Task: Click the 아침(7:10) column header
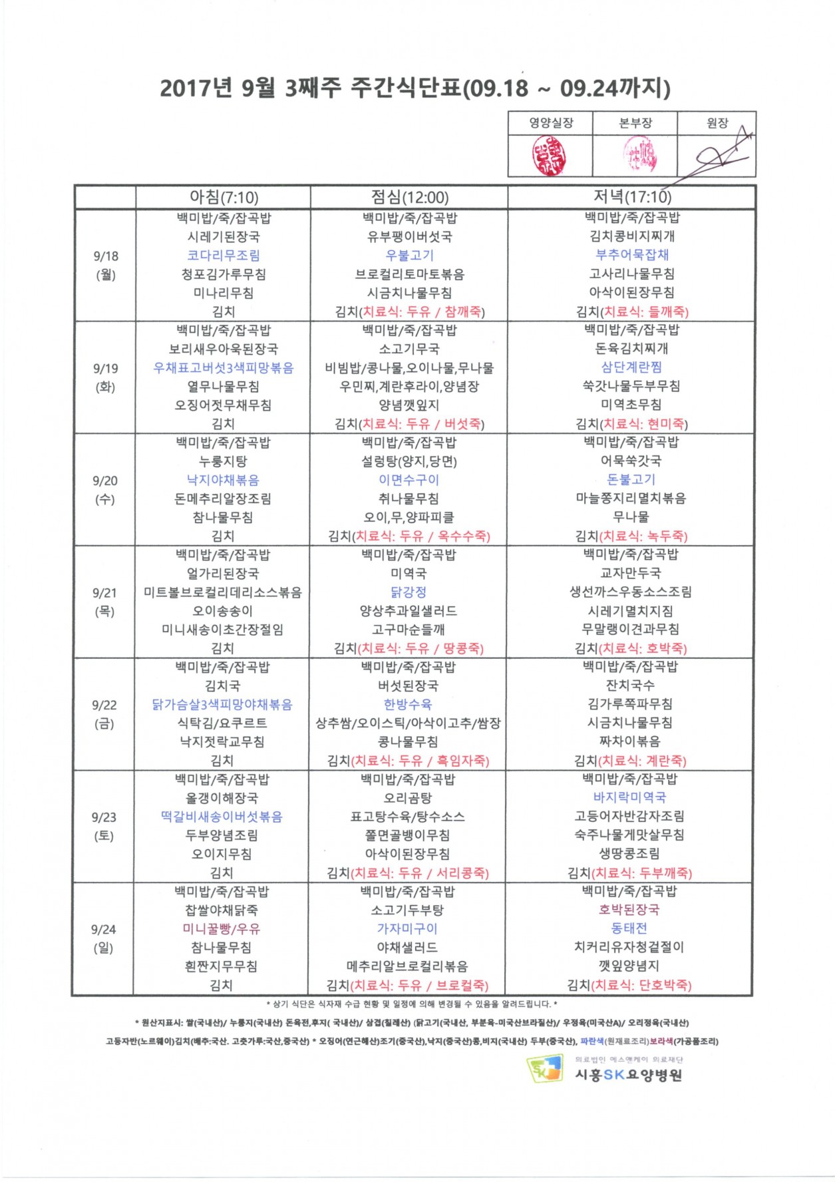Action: click(x=224, y=197)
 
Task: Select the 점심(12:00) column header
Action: click(x=409, y=197)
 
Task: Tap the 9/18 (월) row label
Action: click(x=105, y=265)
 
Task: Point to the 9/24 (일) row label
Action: click(x=103, y=938)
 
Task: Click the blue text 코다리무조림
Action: click(x=224, y=256)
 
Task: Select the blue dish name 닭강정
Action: click(x=409, y=592)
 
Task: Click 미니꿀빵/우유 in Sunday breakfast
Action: click(x=222, y=928)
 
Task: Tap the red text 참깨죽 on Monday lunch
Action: click(x=464, y=311)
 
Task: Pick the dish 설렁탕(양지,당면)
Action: click(x=409, y=461)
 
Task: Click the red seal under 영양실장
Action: click(x=548, y=156)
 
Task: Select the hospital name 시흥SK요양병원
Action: click(x=628, y=1075)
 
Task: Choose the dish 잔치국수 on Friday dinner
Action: click(x=629, y=685)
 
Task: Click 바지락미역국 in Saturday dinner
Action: click(x=629, y=797)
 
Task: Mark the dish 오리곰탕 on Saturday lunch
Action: click(x=408, y=797)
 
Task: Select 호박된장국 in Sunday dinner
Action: click(x=629, y=909)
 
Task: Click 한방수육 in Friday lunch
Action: click(x=408, y=704)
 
